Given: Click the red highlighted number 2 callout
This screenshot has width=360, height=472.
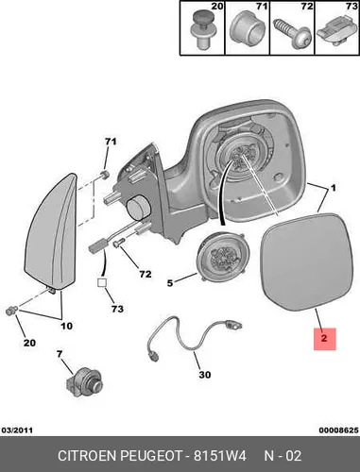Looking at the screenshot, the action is click(325, 339).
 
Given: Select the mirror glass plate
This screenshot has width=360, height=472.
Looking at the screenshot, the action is click(304, 261).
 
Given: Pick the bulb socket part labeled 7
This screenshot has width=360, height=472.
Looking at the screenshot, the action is click(84, 382).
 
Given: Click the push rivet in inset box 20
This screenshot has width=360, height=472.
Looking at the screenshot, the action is click(204, 29).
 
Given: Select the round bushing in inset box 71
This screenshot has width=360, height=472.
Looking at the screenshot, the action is click(247, 27).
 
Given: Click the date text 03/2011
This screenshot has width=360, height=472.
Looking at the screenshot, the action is click(17, 430).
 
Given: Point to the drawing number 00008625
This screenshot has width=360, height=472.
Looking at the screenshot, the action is click(338, 430).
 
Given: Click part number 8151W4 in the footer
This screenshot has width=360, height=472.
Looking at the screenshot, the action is click(219, 456).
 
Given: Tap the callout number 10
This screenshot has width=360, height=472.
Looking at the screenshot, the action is click(67, 326).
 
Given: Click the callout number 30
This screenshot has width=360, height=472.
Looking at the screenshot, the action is click(205, 375).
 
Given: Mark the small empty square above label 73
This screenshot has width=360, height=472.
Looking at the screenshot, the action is click(102, 283).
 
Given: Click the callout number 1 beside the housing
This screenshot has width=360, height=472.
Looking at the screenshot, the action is click(333, 188).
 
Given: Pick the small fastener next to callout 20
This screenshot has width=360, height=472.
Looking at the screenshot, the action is click(12, 311).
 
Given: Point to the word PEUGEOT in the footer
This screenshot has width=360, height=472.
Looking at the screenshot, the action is click(151, 456).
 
